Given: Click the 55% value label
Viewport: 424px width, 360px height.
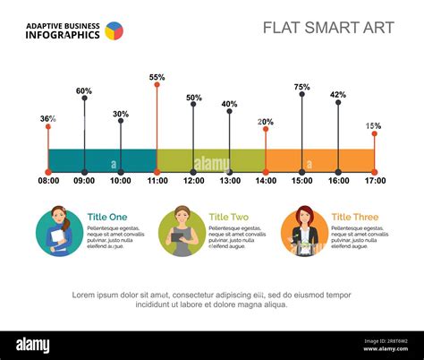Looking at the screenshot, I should pyautogui.click(x=157, y=78).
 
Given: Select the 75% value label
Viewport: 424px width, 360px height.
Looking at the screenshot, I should pyautogui.click(x=301, y=87).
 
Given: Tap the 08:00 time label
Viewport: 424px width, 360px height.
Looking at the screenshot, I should pyautogui.click(x=48, y=181).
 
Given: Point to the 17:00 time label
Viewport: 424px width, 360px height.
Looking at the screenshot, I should pyautogui.click(x=375, y=181).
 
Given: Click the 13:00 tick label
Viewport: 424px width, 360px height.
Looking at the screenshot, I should pyautogui.click(x=230, y=181).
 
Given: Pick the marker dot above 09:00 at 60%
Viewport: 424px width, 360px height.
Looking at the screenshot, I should pyautogui.click(x=84, y=98).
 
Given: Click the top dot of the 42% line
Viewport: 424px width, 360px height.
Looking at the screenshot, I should pyautogui.click(x=338, y=101).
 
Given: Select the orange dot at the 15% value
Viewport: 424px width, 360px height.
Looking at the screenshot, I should pyautogui.click(x=375, y=133).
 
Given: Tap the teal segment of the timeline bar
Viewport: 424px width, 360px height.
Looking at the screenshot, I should pyautogui.click(x=102, y=159).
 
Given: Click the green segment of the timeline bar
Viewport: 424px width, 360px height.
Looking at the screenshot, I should pyautogui.click(x=211, y=159).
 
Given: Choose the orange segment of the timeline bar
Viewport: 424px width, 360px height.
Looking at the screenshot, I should pyautogui.click(x=320, y=159).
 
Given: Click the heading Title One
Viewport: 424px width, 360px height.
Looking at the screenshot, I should pyautogui.click(x=107, y=217).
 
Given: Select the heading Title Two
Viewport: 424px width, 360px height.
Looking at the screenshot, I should pyautogui.click(x=229, y=217).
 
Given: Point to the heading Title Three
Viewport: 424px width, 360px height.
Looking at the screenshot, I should pyautogui.click(x=354, y=217).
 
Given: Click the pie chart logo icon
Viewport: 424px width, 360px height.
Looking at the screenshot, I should pyautogui.click(x=114, y=30).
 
